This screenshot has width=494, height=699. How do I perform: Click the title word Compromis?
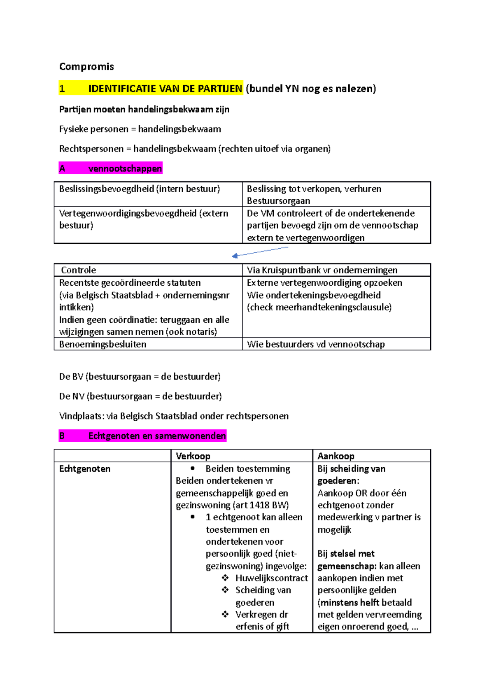point(86,67)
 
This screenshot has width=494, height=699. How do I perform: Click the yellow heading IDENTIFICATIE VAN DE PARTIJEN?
point(165,89)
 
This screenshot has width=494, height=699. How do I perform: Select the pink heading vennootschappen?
point(125,168)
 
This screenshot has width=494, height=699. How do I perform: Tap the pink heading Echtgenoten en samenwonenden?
point(157,436)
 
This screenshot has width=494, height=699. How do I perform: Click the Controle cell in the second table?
point(78,270)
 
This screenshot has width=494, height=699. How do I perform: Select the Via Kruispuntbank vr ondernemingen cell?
point(322,270)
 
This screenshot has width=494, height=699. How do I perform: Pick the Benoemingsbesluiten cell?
point(103,344)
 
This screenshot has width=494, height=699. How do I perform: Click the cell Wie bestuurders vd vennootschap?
point(316,344)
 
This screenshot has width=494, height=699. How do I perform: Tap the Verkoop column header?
point(193,456)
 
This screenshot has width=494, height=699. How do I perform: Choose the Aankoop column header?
point(336,456)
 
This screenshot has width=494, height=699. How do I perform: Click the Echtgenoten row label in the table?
point(85,468)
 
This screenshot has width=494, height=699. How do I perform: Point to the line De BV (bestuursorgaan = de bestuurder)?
point(140,377)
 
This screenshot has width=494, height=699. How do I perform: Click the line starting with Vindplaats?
point(174,416)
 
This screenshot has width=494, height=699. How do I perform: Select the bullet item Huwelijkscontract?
point(271,578)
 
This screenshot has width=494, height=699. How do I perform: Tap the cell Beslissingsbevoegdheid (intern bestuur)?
point(140,189)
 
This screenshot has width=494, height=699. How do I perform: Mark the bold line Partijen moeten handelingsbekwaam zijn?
point(144,110)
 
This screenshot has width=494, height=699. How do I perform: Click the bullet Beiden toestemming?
point(247,468)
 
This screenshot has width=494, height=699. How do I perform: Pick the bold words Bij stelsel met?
point(346,554)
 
